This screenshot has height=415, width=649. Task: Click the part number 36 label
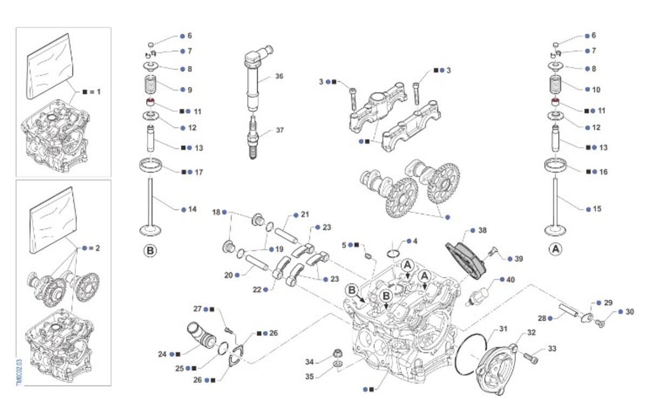click(279, 76)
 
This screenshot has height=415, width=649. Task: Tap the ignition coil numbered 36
click(253, 78)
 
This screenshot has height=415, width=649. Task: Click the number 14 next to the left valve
click(193, 209)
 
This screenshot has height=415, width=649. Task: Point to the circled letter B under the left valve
click(150, 251)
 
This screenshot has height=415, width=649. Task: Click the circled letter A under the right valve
click(555, 250)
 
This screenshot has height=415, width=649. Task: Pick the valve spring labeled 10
click(556, 85)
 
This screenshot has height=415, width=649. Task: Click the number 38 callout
click(482, 230)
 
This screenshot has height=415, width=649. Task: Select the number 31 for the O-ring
click(504, 328)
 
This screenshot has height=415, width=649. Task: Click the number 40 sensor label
click(511, 280)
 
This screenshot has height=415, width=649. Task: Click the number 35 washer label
click(309, 376)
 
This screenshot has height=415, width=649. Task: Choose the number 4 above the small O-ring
click(415, 240)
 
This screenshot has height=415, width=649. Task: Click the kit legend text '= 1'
click(96, 92)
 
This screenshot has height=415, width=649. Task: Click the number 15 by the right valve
click(597, 209)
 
